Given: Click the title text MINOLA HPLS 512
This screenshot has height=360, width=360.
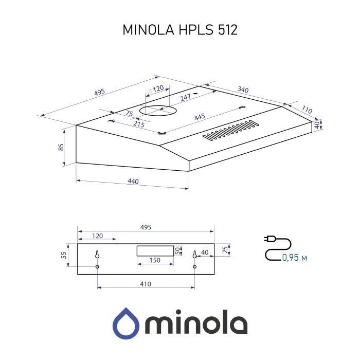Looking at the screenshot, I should (179, 30).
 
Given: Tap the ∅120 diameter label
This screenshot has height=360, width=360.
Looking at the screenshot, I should (155, 89).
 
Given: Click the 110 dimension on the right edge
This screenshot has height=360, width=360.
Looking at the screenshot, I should (307, 110).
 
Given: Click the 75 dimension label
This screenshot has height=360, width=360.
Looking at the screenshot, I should (129, 114).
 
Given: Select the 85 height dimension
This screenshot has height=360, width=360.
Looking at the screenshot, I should (61, 147).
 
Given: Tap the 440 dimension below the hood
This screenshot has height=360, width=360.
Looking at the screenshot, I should (133, 182).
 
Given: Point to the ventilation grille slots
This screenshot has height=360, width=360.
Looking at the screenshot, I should (230, 131).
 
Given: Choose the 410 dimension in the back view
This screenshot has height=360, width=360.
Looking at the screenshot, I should (145, 283).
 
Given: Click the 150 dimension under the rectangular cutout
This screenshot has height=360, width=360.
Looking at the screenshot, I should (154, 260).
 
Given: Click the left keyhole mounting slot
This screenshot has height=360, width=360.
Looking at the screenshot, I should (97, 256).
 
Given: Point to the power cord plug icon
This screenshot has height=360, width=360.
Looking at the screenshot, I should (269, 239).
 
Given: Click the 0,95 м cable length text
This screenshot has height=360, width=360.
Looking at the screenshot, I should (294, 257).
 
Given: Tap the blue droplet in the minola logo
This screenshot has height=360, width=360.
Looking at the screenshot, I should (125, 322).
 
